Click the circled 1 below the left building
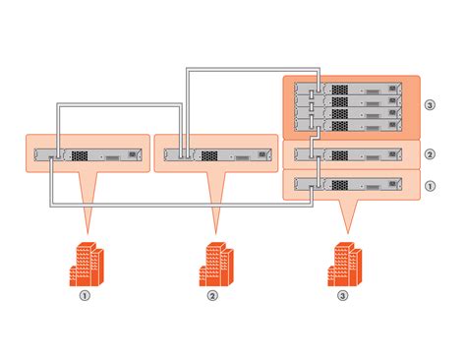(86, 294)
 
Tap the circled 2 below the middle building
(212, 294)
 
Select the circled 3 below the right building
(342, 294)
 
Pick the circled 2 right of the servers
(430, 154)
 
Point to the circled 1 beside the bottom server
(430, 184)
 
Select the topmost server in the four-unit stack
(351, 89)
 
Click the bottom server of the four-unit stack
(351, 126)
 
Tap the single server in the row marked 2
(351, 154)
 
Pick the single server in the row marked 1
(351, 184)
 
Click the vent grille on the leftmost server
(80, 154)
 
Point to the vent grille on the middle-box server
(209, 154)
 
